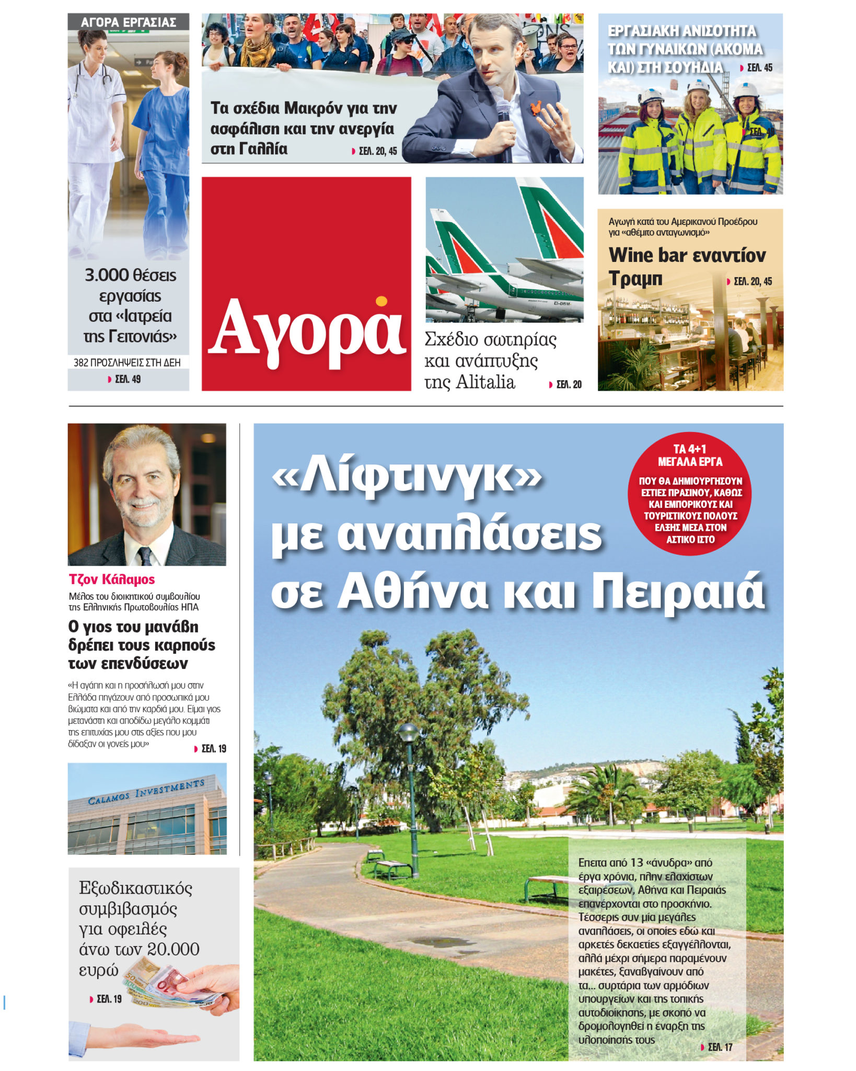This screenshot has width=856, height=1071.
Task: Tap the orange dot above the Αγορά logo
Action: [381, 301]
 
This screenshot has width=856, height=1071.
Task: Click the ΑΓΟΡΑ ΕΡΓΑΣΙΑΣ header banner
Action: [128, 22]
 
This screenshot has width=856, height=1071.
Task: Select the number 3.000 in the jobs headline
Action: [107, 275]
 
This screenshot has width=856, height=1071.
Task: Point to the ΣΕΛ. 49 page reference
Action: [128, 379]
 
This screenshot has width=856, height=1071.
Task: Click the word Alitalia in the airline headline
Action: [485, 382]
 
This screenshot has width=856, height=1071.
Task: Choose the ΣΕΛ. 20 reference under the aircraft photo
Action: [569, 384]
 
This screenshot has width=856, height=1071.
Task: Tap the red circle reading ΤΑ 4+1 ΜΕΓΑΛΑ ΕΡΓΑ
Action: [690, 493]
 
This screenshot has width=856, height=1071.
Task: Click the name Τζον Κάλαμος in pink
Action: [112, 579]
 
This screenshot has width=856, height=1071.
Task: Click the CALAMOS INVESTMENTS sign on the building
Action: [146, 792]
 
